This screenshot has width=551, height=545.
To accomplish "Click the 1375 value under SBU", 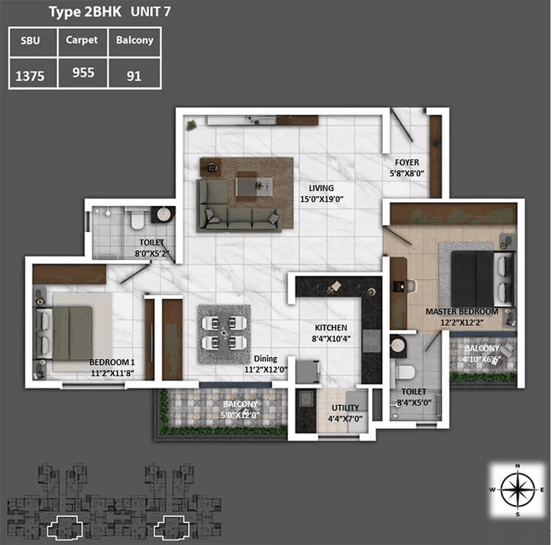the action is pyautogui.click(x=30, y=76).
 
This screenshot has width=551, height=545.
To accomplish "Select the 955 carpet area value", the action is pyautogui.click(x=83, y=73).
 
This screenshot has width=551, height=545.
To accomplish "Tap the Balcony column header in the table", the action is pyautogui.click(x=135, y=40).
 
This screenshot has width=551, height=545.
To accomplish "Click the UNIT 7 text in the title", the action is pyautogui.click(x=151, y=12).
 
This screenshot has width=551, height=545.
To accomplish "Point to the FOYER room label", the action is pyautogui.click(x=407, y=162).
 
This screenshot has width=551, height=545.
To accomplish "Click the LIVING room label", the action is pyautogui.click(x=321, y=188).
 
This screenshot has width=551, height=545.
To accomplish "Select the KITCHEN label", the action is pyautogui.click(x=331, y=328).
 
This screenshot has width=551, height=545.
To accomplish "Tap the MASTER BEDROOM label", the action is pyautogui.click(x=462, y=311).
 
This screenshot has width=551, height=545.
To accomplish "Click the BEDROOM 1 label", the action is pyautogui.click(x=112, y=362).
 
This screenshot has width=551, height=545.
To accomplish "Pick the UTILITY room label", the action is pyautogui.click(x=345, y=408).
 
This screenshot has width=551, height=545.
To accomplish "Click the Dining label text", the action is pyautogui.click(x=266, y=358).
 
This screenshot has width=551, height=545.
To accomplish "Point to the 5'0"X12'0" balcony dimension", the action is pyautogui.click(x=240, y=415).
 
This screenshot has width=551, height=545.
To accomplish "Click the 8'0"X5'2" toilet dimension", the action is pyautogui.click(x=152, y=254).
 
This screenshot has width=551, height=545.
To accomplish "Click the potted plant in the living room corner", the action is pyautogui.click(x=192, y=125).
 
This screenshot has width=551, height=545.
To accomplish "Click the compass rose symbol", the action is pyautogui.click(x=517, y=490).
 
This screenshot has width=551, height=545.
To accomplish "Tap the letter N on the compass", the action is pyautogui.click(x=517, y=466).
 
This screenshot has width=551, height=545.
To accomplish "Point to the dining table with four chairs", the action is pyautogui.click(x=224, y=333).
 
